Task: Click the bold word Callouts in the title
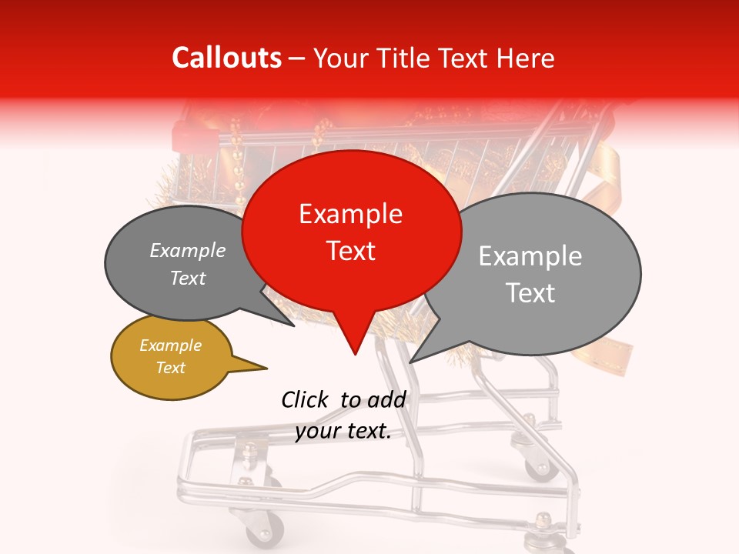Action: pos(226,58)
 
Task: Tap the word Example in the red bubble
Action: pos(351,214)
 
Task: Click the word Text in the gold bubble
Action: pos(171,368)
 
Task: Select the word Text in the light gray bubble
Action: pos(531,293)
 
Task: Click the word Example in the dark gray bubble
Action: pos(188,251)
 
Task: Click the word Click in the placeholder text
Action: pos(305,399)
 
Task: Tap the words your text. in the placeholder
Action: pos(343,432)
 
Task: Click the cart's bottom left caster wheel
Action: pos(265,530)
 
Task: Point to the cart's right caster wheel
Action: pos(539,464)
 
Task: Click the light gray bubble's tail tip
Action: pos(410,362)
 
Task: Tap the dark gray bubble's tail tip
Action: pos(293,325)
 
